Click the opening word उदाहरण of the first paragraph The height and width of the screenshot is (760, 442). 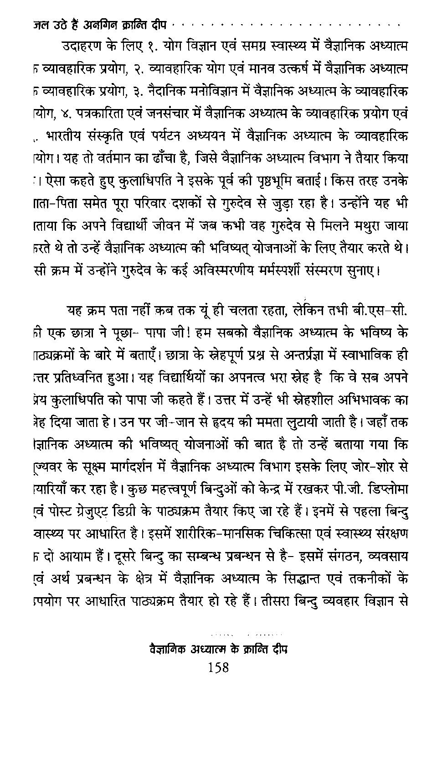click(x=84, y=47)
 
